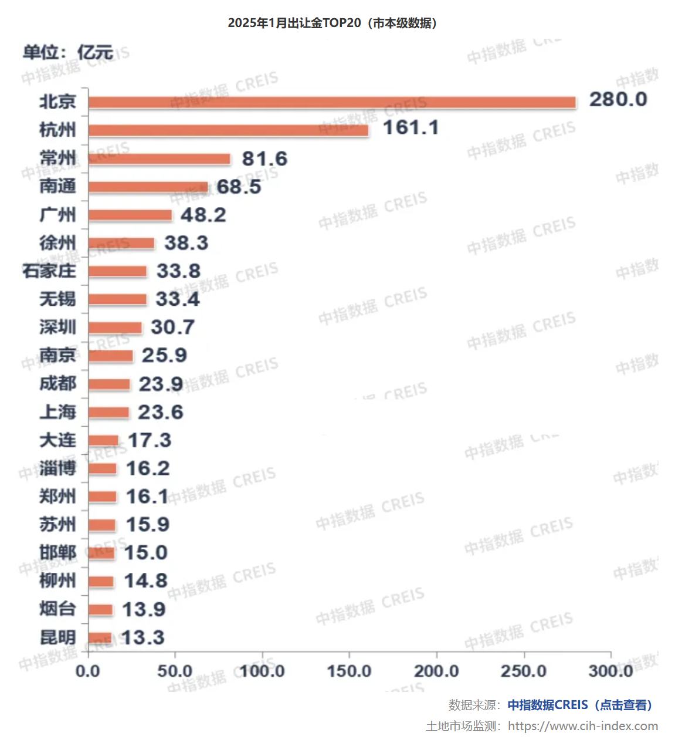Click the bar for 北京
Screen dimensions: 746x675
[332, 103]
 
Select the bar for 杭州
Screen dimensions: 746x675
[229, 130]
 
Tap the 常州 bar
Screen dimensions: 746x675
[160, 159]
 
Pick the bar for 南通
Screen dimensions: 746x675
[148, 187]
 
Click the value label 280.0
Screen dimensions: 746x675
[618, 99]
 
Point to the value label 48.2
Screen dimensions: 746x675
[203, 215]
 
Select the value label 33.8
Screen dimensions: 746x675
[178, 271]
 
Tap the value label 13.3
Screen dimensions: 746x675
[143, 637]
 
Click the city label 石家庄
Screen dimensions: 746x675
[49, 271]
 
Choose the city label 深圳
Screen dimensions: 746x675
[57, 328]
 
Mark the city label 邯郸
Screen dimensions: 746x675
[57, 553]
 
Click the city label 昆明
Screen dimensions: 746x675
[57, 637]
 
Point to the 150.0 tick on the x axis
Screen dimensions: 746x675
[350, 671]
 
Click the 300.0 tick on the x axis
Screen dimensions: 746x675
[610, 671]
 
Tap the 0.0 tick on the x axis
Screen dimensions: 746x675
[88, 671]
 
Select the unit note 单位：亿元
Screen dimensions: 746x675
[67, 52]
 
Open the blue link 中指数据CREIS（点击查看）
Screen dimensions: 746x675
[579, 705]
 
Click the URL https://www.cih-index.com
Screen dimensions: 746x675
[583, 726]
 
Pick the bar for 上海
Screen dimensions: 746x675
[109, 413]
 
